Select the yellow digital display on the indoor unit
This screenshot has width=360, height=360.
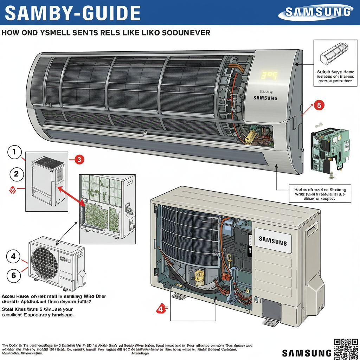269,75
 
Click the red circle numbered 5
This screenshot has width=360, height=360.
319,105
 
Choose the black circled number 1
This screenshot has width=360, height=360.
14,153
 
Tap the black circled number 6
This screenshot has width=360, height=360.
14,275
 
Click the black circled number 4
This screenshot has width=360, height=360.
14,256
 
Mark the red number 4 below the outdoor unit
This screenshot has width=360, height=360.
161,309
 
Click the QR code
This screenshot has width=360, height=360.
346,349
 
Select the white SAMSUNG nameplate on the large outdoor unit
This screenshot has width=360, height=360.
273,241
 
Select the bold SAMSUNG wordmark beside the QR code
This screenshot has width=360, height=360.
307,353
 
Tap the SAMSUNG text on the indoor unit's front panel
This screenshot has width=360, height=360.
265,98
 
